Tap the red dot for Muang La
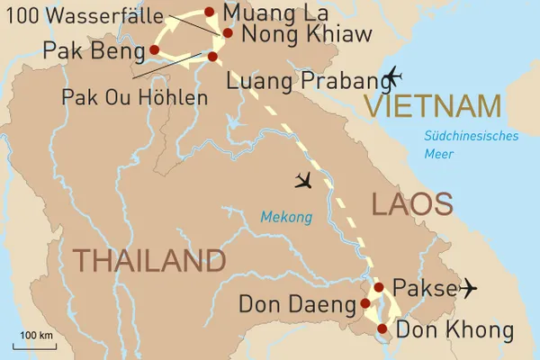(x=210, y=12)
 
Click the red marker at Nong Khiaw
(x=228, y=33)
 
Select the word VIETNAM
(x=433, y=106)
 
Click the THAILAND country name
(x=148, y=260)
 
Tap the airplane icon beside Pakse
(x=467, y=288)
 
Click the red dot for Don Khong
(x=382, y=328)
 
